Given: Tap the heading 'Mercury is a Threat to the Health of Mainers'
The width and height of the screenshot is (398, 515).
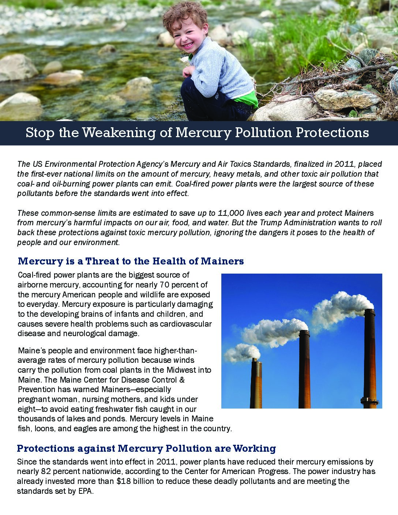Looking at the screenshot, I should [131, 261].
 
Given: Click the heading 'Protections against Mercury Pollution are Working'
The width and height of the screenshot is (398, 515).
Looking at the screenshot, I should [146, 448].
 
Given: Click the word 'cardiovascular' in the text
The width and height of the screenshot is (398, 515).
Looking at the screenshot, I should [189, 324].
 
